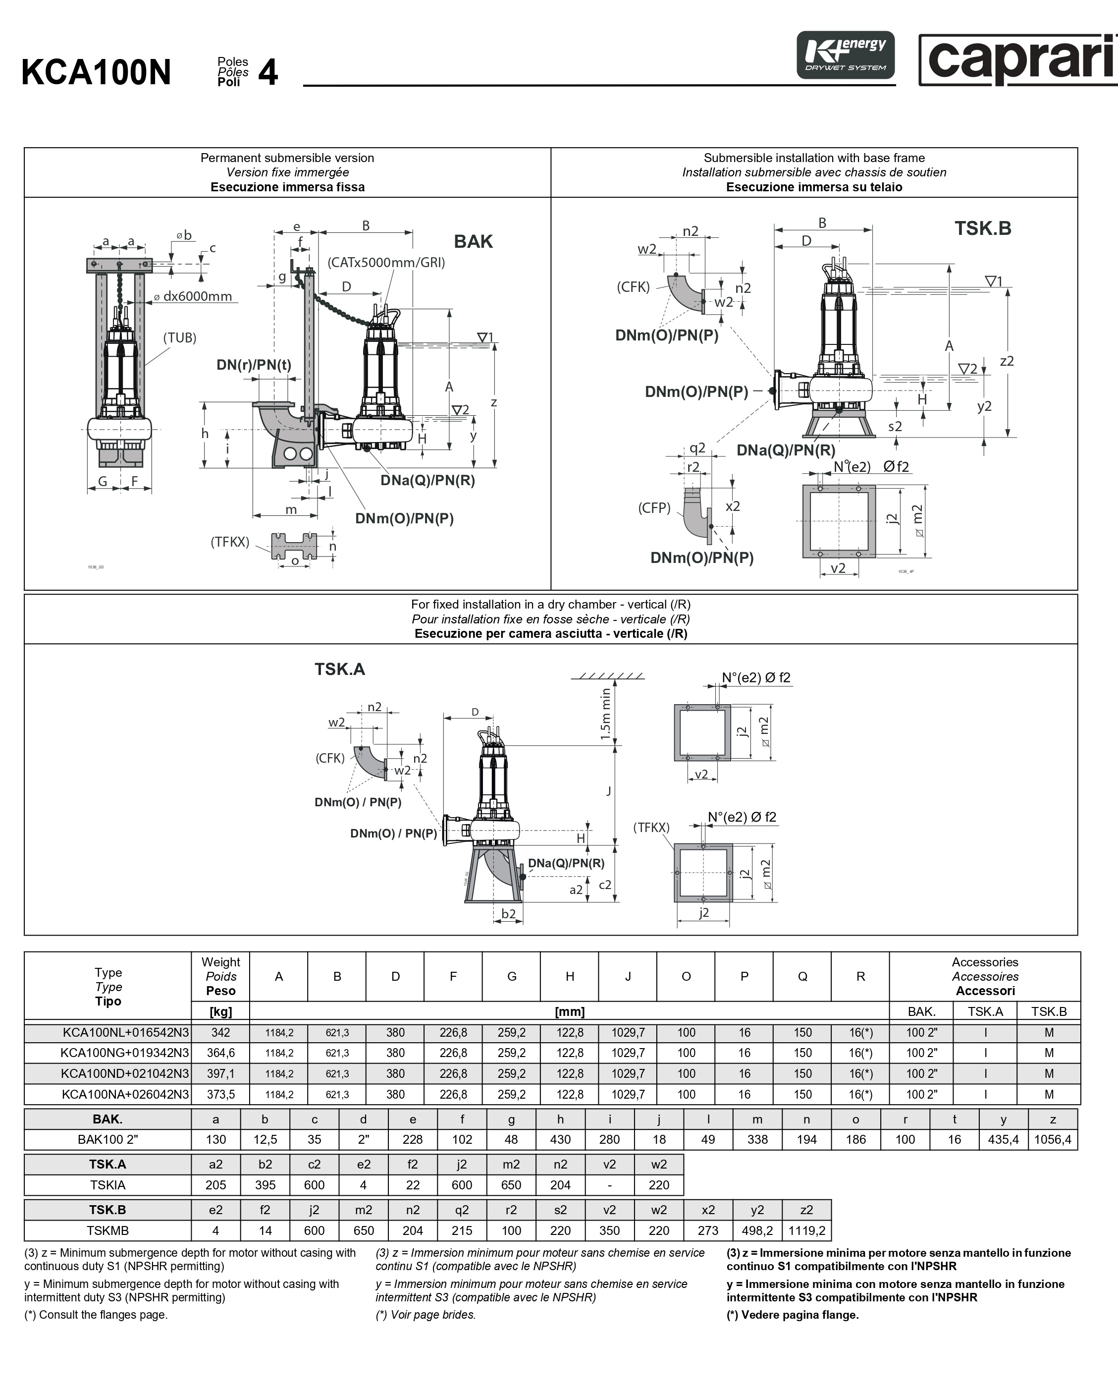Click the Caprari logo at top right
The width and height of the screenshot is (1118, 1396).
click(1018, 59)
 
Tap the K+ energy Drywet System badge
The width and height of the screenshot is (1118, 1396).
click(846, 55)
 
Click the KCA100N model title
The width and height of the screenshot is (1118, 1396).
click(97, 72)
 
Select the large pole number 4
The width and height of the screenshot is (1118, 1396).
click(268, 72)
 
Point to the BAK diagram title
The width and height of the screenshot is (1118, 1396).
click(473, 241)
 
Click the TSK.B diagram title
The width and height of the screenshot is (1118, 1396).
click(983, 228)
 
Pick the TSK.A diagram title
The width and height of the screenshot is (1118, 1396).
click(340, 669)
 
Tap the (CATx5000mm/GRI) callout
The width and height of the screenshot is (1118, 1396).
click(386, 262)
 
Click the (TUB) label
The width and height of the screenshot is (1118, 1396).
click(180, 337)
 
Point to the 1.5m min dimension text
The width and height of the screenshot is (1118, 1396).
click(605, 714)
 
